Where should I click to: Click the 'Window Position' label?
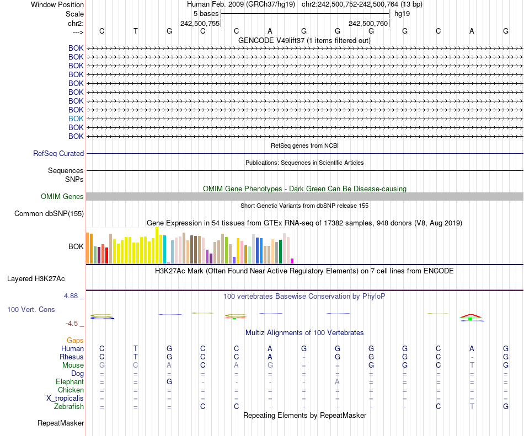tap(57, 4)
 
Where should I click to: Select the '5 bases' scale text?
tap(206, 13)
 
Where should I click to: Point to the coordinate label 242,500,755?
tap(200, 23)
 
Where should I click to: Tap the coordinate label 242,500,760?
tap(368, 23)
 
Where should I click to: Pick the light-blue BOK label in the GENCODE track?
tap(76, 119)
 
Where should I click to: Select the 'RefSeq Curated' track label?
tap(58, 154)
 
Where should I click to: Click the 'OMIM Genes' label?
tap(62, 197)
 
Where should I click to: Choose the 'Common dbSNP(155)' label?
tap(49, 214)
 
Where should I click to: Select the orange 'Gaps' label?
tap(75, 341)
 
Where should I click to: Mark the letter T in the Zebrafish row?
tap(472, 407)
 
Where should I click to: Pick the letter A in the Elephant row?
tap(337, 382)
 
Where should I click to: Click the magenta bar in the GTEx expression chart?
tap(292, 261)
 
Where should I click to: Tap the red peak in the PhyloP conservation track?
tap(471, 315)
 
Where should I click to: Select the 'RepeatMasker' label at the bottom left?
tap(61, 423)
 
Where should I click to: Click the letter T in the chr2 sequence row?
tap(136, 31)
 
